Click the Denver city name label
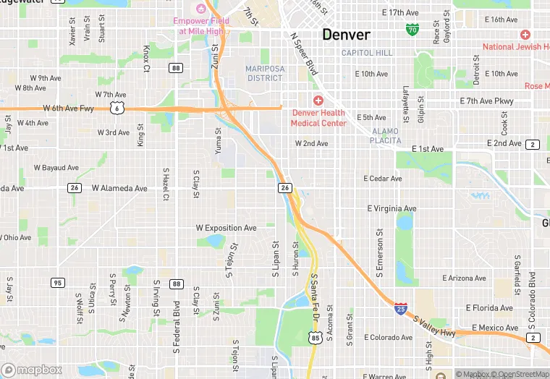click(x=346, y=35)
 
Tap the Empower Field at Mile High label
click(x=201, y=26)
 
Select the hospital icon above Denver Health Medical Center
click(x=318, y=101)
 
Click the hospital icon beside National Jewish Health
click(x=525, y=35)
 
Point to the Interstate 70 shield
click(x=412, y=29)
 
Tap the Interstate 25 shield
click(x=400, y=309)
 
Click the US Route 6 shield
click(x=116, y=107)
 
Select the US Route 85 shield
click(x=314, y=337)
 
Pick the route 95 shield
click(x=57, y=282)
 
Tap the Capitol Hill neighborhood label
click(x=367, y=53)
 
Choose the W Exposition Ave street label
click(x=226, y=228)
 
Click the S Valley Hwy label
click(x=434, y=323)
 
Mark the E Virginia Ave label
click(x=392, y=208)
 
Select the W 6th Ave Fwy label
click(x=69, y=108)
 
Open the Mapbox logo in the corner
click(x=31, y=370)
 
